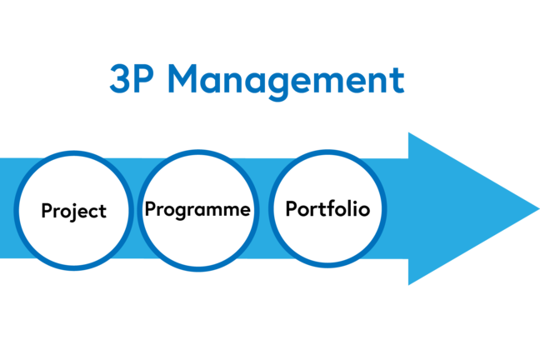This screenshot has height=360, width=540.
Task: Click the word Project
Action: (x=74, y=211)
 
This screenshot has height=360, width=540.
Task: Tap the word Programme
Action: (x=197, y=209)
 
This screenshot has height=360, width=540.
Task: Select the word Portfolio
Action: (x=327, y=208)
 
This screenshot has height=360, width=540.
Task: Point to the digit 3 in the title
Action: (x=118, y=81)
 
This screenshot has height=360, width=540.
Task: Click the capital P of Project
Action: (x=47, y=211)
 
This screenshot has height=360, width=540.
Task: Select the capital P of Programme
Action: (x=151, y=209)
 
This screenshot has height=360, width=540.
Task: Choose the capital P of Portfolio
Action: (x=292, y=208)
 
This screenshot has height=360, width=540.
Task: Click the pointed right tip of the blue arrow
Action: (x=537, y=208)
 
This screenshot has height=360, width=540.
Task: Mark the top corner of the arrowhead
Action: (x=408, y=133)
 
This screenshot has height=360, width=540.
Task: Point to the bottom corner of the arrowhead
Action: (x=408, y=284)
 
